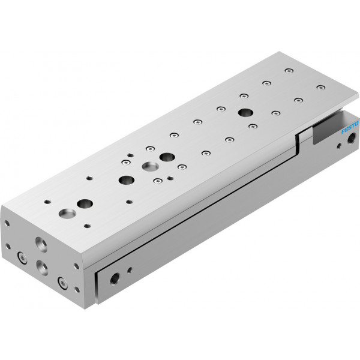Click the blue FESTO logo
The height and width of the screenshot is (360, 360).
[x=350, y=127]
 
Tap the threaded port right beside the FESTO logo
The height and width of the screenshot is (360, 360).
[x=351, y=139]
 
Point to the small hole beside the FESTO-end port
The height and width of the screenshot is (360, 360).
[x=339, y=146]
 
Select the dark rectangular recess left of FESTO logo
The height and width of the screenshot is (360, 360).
[x=326, y=132]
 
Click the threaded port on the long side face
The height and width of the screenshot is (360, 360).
[x=115, y=278]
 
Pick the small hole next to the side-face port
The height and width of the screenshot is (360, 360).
[x=130, y=270]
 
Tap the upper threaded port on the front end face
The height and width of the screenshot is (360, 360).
[x=41, y=245]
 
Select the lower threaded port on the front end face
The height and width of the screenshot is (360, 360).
[x=42, y=268]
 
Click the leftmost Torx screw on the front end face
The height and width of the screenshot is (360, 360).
[x=22, y=258]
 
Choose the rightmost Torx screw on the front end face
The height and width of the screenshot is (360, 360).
[x=62, y=283]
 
